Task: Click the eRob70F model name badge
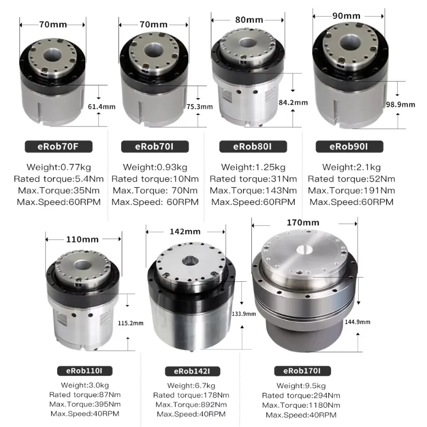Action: [59, 146]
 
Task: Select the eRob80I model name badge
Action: [253, 146]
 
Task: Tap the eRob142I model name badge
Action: [193, 371]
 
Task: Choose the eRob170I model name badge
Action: [302, 371]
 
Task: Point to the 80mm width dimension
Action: [249, 20]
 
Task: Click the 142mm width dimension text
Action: [185, 232]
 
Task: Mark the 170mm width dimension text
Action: [303, 223]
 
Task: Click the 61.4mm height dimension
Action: [101, 107]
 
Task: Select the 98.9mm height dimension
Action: [401, 105]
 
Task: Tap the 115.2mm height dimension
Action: [131, 323]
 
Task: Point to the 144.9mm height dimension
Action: [358, 322]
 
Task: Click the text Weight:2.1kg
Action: [351, 167]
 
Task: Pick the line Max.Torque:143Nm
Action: [253, 191]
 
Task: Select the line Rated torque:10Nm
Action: [155, 179]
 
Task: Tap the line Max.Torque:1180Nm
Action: [301, 405]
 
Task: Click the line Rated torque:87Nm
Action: [85, 394]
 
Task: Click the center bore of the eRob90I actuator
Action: [351, 43]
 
